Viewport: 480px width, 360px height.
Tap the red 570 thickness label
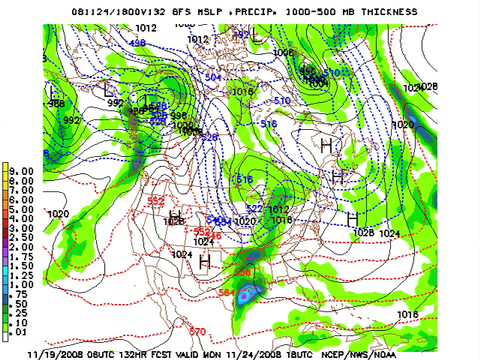(197, 331)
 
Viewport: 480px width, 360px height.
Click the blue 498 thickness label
(137, 44)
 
